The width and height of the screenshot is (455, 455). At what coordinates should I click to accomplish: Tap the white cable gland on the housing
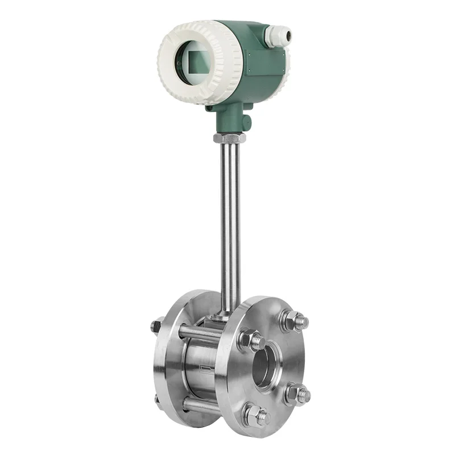click(277, 36)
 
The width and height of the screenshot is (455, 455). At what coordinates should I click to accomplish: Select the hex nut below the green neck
click(229, 138)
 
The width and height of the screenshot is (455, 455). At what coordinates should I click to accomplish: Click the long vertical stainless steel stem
click(230, 222)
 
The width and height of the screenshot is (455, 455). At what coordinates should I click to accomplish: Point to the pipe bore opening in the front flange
click(263, 364)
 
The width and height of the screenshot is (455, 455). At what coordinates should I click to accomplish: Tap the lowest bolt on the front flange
click(254, 415)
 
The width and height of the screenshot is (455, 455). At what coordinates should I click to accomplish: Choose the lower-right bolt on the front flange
click(297, 394)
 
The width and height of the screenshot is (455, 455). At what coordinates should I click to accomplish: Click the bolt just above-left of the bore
click(251, 341)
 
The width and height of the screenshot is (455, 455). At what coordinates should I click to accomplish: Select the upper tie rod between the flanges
click(199, 333)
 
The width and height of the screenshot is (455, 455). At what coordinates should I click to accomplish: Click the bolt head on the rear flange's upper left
click(157, 326)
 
